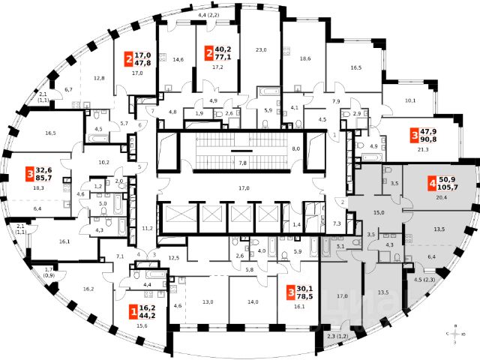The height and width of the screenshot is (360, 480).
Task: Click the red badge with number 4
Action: (432, 182)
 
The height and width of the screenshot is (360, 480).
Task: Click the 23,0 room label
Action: (261, 50)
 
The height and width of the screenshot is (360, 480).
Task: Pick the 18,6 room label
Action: (304, 58)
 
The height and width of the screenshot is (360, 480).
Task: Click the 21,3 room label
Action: (424, 150)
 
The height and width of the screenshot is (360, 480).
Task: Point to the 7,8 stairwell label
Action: (242, 162)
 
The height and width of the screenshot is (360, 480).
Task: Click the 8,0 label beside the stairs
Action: (295, 149)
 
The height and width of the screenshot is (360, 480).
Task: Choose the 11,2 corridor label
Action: (148, 228)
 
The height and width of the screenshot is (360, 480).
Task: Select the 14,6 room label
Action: (178, 59)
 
